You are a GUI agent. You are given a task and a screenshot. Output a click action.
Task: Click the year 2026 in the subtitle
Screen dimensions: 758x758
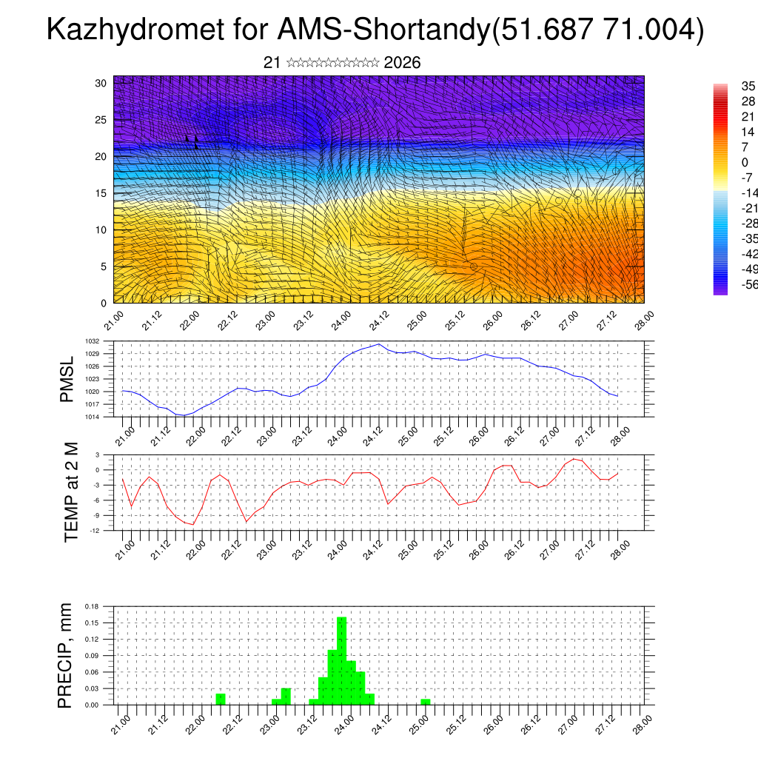coord(403,63)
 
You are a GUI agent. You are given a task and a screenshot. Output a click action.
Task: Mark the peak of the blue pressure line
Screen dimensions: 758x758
coord(379,344)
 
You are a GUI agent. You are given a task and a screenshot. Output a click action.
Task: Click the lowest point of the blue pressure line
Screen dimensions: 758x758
coord(182,415)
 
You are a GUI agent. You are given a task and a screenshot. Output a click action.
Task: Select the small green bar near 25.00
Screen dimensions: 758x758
coord(425,702)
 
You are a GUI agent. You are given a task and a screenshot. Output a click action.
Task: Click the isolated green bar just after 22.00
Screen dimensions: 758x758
coord(221,699)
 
